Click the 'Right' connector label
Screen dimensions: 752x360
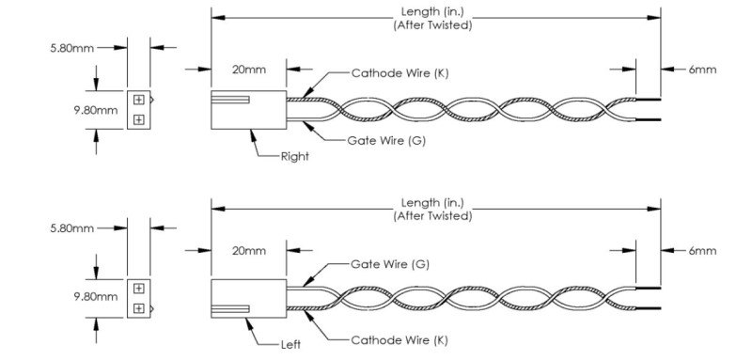tap(295, 156)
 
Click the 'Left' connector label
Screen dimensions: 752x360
tap(291, 344)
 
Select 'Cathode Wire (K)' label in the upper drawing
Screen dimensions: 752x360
tap(400, 73)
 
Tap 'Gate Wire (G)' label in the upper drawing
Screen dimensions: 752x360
tap(386, 141)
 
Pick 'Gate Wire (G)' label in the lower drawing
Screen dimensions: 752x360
tap(390, 264)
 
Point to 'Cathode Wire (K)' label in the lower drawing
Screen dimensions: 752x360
tap(399, 340)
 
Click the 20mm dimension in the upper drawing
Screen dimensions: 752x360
tap(249, 70)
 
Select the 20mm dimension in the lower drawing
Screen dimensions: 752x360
tap(249, 251)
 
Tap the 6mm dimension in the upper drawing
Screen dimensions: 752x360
tap(702, 70)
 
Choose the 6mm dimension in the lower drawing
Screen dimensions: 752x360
tap(702, 251)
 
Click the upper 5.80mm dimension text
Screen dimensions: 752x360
tap(72, 48)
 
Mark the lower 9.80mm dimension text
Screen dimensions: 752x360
tap(96, 297)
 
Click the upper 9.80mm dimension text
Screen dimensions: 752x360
tap(96, 110)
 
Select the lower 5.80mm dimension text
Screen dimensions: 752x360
tap(72, 228)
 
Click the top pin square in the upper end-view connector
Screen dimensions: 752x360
tap(138, 100)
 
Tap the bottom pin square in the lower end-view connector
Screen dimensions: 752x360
tap(138, 308)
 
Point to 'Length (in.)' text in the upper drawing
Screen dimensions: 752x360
tap(432, 10)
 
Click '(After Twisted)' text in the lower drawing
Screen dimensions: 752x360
tap(432, 215)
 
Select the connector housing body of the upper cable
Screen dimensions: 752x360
tap(248, 110)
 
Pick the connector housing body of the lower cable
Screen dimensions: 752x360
tap(248, 298)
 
